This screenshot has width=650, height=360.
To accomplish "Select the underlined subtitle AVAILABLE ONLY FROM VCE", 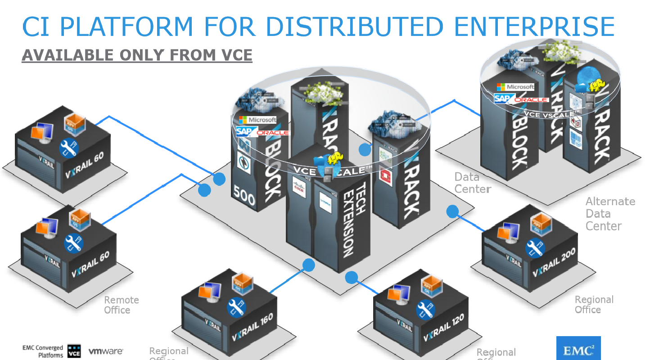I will point(137,55).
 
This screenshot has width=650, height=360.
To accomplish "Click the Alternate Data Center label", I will point(610,214).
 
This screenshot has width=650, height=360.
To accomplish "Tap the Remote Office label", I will point(121,305).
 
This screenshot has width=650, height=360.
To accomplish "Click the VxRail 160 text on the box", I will point(253,327).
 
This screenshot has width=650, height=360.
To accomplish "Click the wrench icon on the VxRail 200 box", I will point(535,247).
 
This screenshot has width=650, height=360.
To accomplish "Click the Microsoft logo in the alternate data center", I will point(515,87).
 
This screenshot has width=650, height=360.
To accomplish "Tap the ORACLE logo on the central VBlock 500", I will point(273,133).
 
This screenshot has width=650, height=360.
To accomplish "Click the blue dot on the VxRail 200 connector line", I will point(452,211).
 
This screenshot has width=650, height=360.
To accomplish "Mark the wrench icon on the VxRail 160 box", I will point(237,307).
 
